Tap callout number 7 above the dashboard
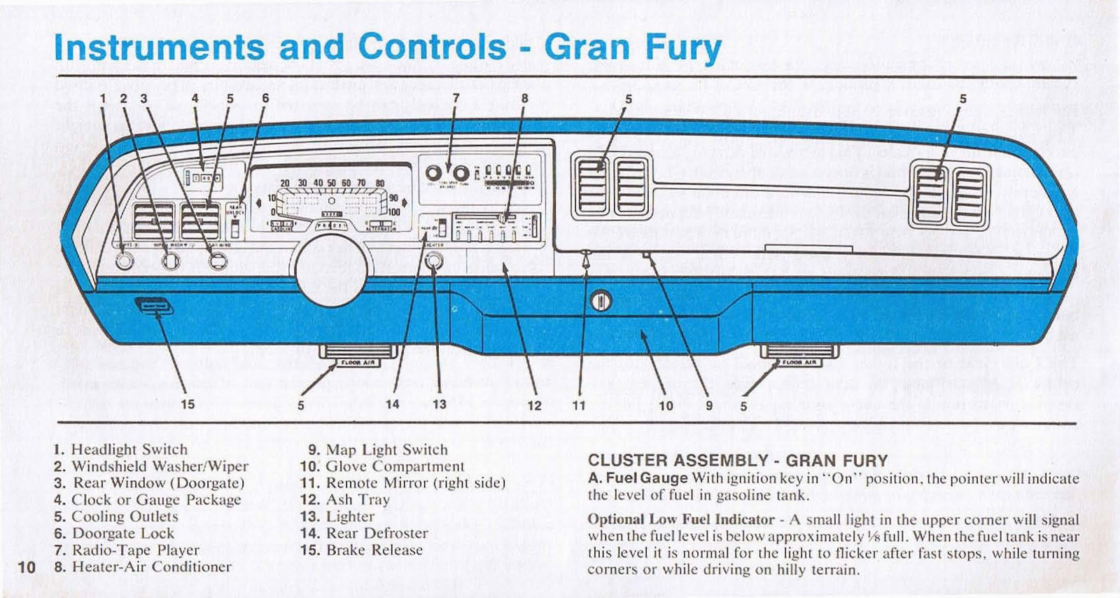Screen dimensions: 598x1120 (456, 99)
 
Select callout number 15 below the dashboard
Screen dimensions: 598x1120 (188, 404)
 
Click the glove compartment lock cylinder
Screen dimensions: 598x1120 (601, 301)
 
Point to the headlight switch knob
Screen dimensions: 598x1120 (125, 261)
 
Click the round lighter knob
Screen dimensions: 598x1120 (434, 263)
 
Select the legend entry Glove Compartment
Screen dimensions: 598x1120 (395, 466)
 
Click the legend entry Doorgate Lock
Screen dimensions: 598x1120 (122, 534)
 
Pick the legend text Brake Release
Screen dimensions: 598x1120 (374, 550)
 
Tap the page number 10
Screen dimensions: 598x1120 (27, 566)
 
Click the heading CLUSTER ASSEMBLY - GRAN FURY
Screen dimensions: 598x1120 (737, 461)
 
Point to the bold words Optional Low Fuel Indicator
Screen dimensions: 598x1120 (680, 520)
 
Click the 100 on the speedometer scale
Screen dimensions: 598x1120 (393, 211)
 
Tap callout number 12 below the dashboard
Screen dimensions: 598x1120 (534, 405)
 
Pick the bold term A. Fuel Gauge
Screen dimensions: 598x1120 (638, 478)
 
